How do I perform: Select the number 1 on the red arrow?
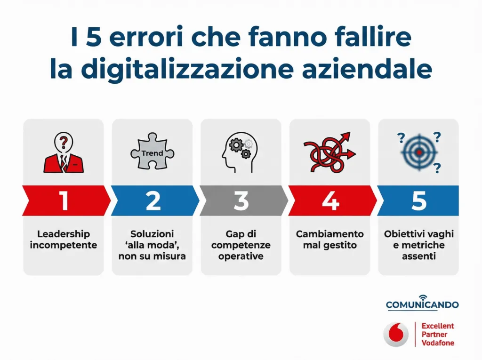tap(64, 201)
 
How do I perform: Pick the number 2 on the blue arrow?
tap(153, 201)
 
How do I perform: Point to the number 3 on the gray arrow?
tap(241, 201)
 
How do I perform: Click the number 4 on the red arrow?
tap(330, 201)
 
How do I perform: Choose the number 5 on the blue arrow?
tap(418, 201)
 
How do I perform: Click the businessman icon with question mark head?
tap(64, 152)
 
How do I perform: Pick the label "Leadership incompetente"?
tap(64, 240)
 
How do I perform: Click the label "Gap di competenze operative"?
tap(241, 245)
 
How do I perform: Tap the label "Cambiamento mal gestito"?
tap(329, 240)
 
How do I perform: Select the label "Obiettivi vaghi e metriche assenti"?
tap(418, 245)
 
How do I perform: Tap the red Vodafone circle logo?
tap(396, 335)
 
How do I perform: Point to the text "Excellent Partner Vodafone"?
tap(438, 334)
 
